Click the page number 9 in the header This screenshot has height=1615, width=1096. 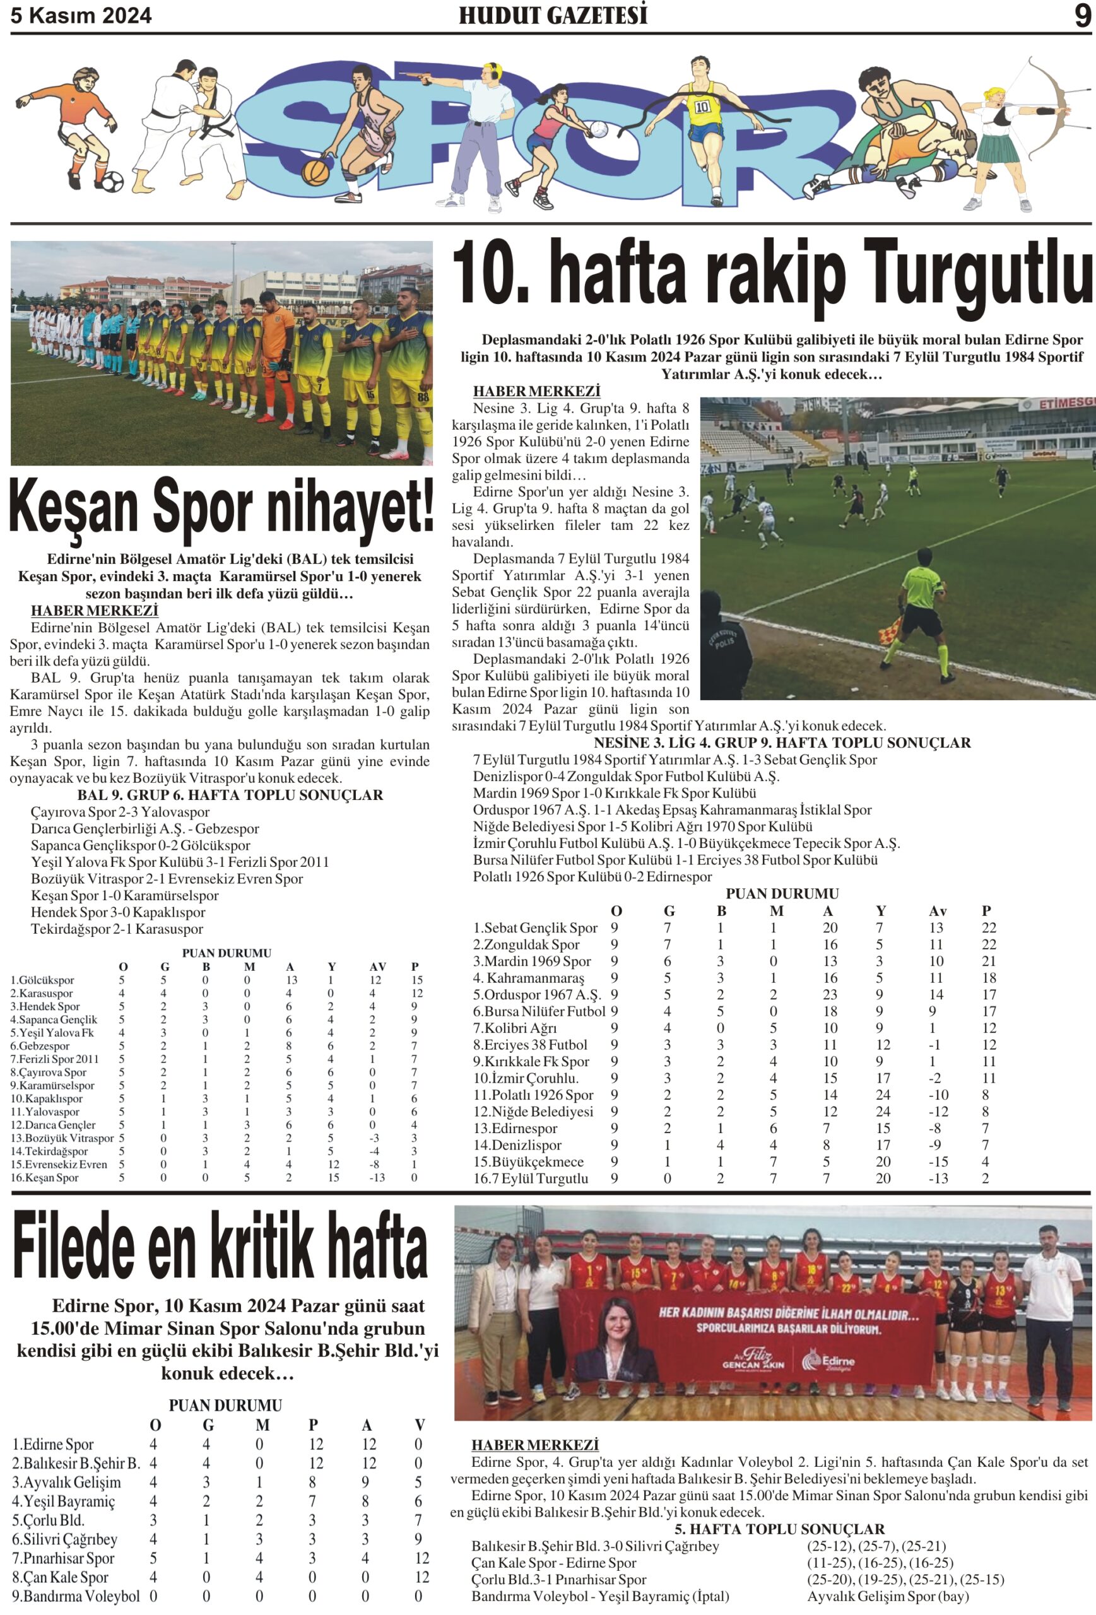pyautogui.click(x=1082, y=15)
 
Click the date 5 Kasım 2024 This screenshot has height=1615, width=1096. pyautogui.click(x=81, y=16)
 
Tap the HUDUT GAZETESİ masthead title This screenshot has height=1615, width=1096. pyautogui.click(x=553, y=15)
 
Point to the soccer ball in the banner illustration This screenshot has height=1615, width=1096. pyautogui.click(x=111, y=182)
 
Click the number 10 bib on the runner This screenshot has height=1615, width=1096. pyautogui.click(x=702, y=107)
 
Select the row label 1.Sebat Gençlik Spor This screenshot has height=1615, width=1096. pyautogui.click(x=535, y=928)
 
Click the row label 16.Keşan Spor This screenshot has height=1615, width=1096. pyautogui.click(x=44, y=1177)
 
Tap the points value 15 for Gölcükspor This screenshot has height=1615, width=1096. pyautogui.click(x=416, y=980)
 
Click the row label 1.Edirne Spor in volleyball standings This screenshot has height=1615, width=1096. pyautogui.click(x=53, y=1444)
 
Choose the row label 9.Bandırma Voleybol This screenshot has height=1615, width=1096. pyautogui.click(x=76, y=1596)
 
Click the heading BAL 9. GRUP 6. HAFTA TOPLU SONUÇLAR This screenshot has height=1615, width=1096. pyautogui.click(x=230, y=795)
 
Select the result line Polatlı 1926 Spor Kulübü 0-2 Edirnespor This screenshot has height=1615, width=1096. pyautogui.click(x=592, y=877)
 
